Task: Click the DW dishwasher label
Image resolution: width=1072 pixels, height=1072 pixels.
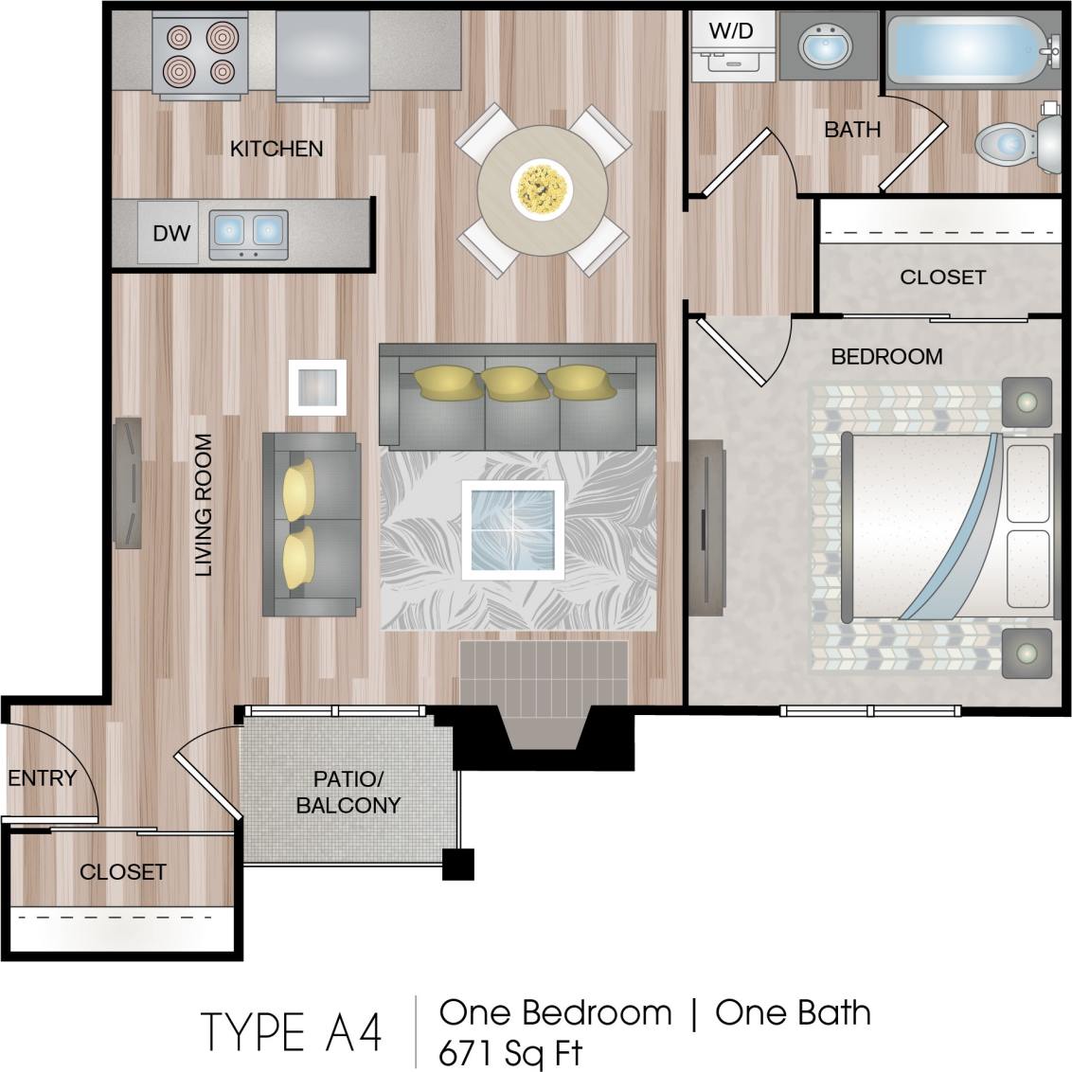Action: pyautogui.click(x=171, y=232)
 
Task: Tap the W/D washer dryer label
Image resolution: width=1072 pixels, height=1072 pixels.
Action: pyautogui.click(x=730, y=30)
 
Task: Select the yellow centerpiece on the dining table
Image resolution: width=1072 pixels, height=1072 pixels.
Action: pyautogui.click(x=542, y=186)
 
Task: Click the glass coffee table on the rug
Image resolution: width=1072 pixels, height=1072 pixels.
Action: pyautogui.click(x=512, y=529)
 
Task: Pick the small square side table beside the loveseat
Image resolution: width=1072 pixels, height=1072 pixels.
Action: pyautogui.click(x=317, y=387)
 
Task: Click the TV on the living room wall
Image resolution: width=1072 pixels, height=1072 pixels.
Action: pyautogui.click(x=128, y=483)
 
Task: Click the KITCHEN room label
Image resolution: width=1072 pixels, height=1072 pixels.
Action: pyautogui.click(x=277, y=149)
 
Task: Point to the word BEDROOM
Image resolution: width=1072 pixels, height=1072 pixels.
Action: pyautogui.click(x=886, y=357)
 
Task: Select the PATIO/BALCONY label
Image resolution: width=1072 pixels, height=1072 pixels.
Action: pyautogui.click(x=348, y=793)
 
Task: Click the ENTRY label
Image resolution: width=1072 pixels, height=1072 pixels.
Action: pyautogui.click(x=42, y=778)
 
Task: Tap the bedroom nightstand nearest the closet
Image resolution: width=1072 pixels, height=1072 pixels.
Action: pyautogui.click(x=1027, y=402)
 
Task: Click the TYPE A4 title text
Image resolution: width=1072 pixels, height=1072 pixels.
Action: pyautogui.click(x=291, y=1032)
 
